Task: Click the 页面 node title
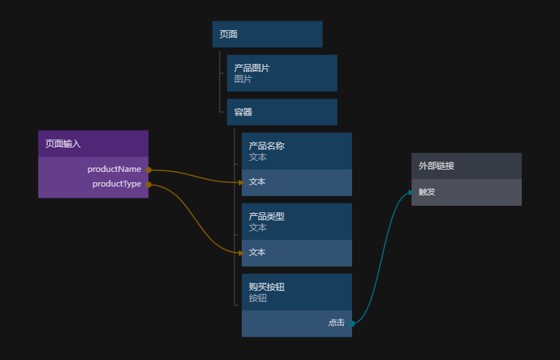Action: coord(229,35)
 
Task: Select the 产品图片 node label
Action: coord(252,68)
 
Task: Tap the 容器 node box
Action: coord(282,112)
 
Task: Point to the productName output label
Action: coord(115,169)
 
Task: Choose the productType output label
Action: coord(117,184)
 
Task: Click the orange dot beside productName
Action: coord(148,170)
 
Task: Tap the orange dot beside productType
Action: coord(148,184)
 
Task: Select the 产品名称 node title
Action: coord(267,145)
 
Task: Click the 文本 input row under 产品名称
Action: coord(297,182)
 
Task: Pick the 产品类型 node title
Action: coord(267,216)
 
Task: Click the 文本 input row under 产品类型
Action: coord(297,253)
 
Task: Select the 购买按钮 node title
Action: coord(267,287)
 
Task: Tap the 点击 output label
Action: coord(337,323)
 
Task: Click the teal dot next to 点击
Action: coord(352,323)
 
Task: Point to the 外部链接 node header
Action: coord(467,166)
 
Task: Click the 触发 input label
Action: coord(427,192)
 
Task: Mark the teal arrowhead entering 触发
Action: coord(411,192)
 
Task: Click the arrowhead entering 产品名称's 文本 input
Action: coord(242,182)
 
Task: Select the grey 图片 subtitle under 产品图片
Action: coord(243,79)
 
